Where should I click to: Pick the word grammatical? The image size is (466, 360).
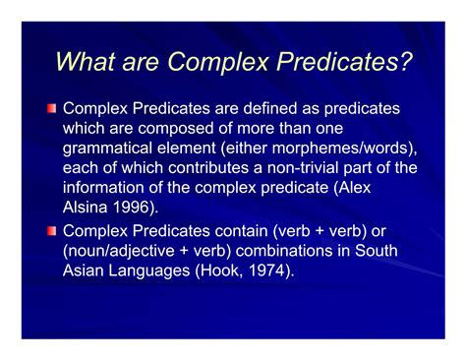point(108,148)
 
